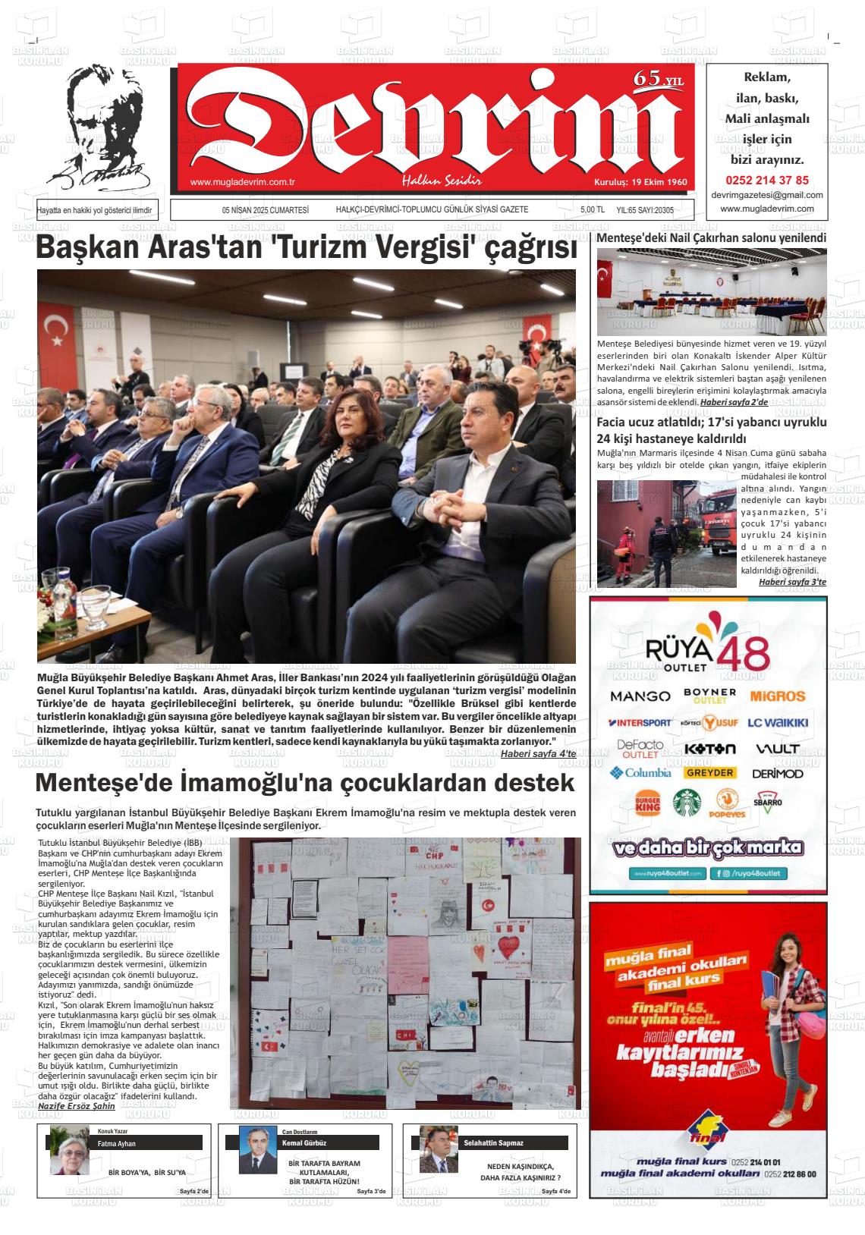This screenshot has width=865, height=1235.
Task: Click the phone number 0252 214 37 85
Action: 767,181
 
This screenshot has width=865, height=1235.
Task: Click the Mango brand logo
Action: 640,696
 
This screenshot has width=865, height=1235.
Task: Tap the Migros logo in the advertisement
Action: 778,696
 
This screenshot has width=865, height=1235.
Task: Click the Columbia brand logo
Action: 640,773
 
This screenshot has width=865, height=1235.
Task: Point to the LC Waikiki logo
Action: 778,723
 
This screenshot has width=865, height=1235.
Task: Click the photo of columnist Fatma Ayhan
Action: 70,1151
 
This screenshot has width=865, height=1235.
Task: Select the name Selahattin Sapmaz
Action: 493,1142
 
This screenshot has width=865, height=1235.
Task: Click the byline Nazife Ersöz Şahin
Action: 76,1106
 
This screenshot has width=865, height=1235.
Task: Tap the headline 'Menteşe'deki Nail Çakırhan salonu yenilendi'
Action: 711,237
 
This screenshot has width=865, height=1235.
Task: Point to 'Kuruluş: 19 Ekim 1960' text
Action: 640,182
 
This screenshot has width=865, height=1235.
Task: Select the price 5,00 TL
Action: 592,210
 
